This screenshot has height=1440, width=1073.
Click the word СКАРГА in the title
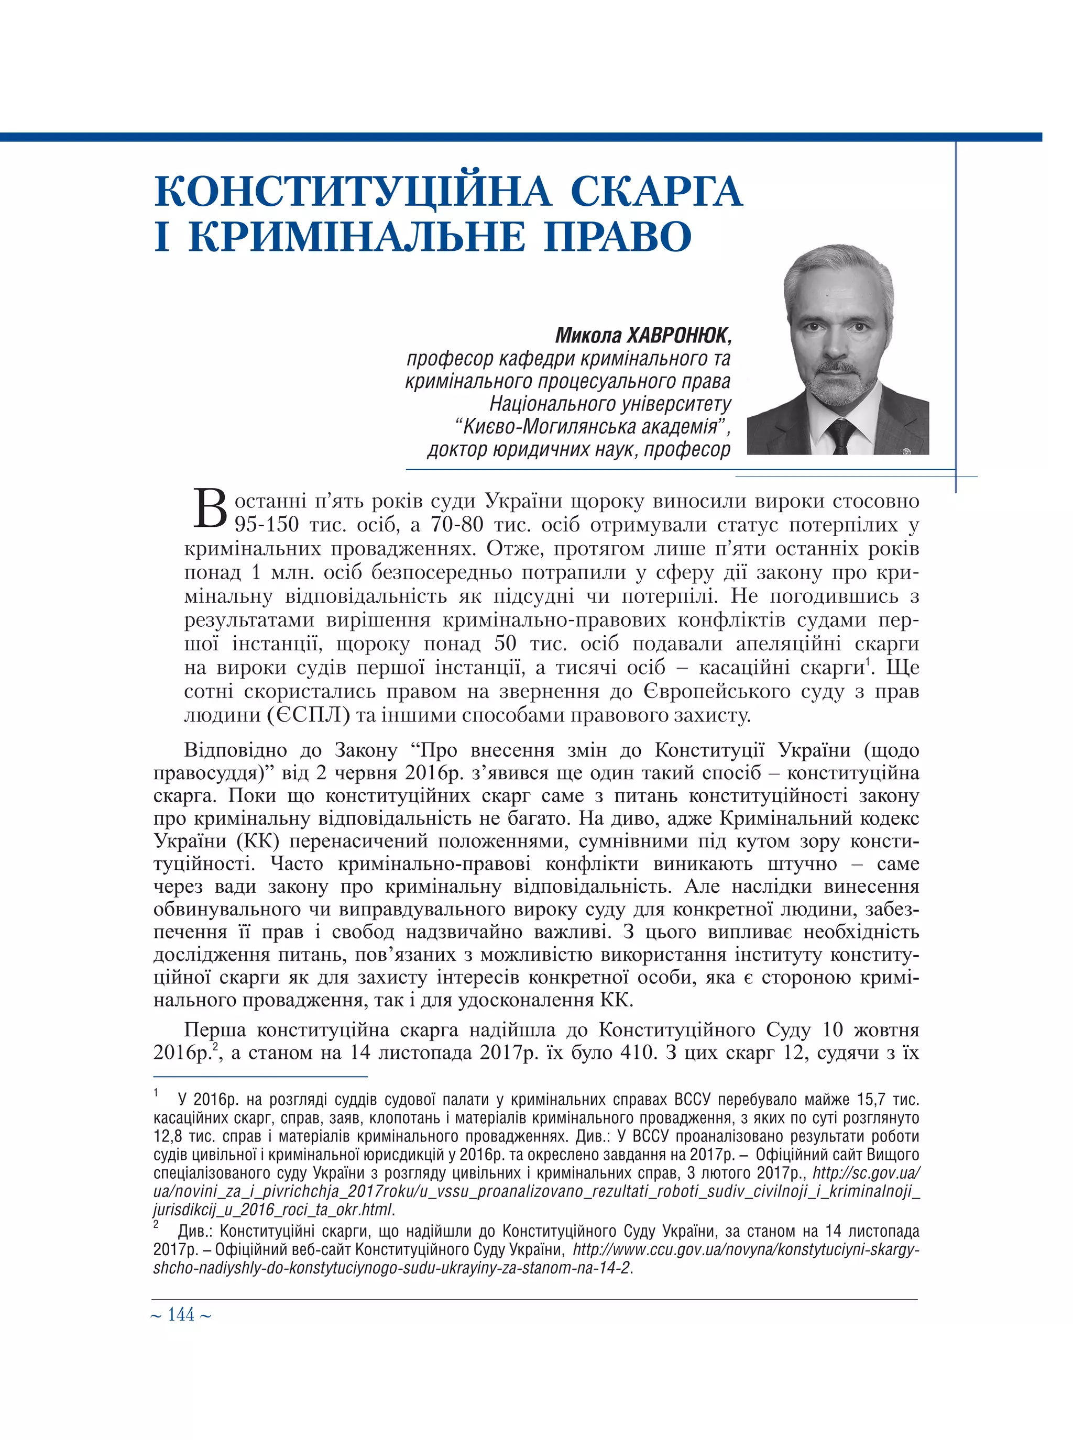pos(656,191)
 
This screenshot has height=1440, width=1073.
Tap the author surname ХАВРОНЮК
pos(678,336)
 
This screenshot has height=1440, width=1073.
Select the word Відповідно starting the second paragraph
pos(235,750)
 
